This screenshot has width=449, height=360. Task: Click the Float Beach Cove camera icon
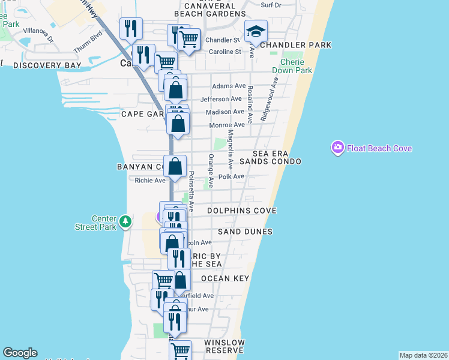coord(337,148)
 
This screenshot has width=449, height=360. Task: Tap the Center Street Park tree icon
coord(125,222)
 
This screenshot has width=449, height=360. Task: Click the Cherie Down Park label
coord(292,66)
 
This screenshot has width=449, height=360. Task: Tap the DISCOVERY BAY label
coord(47,65)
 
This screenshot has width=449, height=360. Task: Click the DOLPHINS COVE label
coord(241,211)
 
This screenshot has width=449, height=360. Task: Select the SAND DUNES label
coord(245,232)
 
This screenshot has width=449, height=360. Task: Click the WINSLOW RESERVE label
coord(224,346)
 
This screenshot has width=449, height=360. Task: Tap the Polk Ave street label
coord(231,176)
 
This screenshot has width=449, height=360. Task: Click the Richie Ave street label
coord(149,180)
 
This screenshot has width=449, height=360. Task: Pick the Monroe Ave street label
coord(227,125)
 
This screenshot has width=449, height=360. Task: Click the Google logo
coord(20,353)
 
